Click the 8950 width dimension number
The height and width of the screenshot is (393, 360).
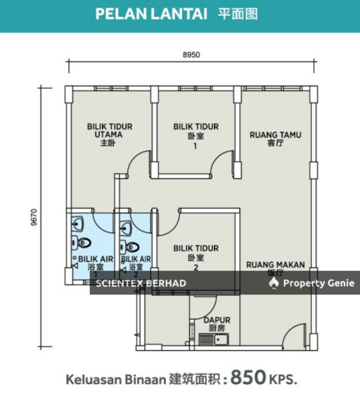pos(191,55)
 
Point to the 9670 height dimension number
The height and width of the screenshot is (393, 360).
pos(34,217)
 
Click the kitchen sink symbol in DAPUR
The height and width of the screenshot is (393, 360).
pos(214,340)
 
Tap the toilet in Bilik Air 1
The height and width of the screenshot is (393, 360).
pos(82,243)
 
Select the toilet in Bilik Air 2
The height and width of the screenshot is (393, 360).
pos(129,247)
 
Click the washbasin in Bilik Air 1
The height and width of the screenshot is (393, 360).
pos(77,224)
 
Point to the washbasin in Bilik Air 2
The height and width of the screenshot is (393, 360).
pos(125,228)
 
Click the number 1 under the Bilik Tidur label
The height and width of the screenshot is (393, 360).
pos(195,146)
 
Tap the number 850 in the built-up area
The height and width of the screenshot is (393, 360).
pos(248,377)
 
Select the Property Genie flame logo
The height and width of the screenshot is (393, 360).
pos(274,283)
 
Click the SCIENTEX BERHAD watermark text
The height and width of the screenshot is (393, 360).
pos(141,283)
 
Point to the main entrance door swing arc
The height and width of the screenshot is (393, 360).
pos(292,332)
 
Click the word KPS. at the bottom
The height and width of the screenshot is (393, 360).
pos(283,379)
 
